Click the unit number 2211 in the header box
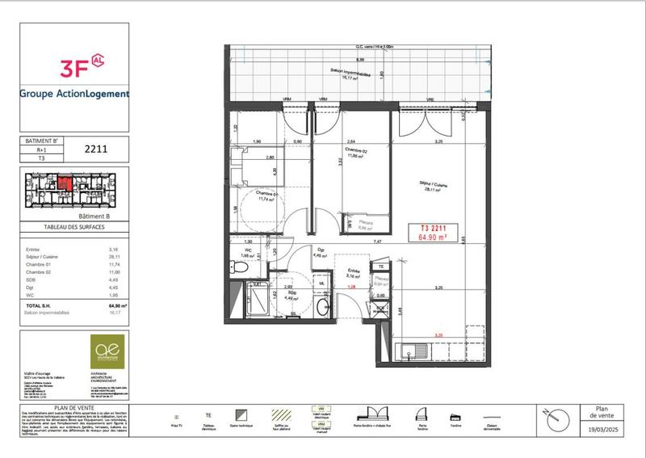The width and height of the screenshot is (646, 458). click(x=96, y=149)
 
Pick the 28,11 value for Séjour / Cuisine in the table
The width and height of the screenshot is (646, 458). click(x=114, y=258)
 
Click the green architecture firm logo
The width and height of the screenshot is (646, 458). click(x=106, y=351)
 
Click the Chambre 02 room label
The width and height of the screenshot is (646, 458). click(x=356, y=154)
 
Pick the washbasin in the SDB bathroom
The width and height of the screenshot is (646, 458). click(x=321, y=306)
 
